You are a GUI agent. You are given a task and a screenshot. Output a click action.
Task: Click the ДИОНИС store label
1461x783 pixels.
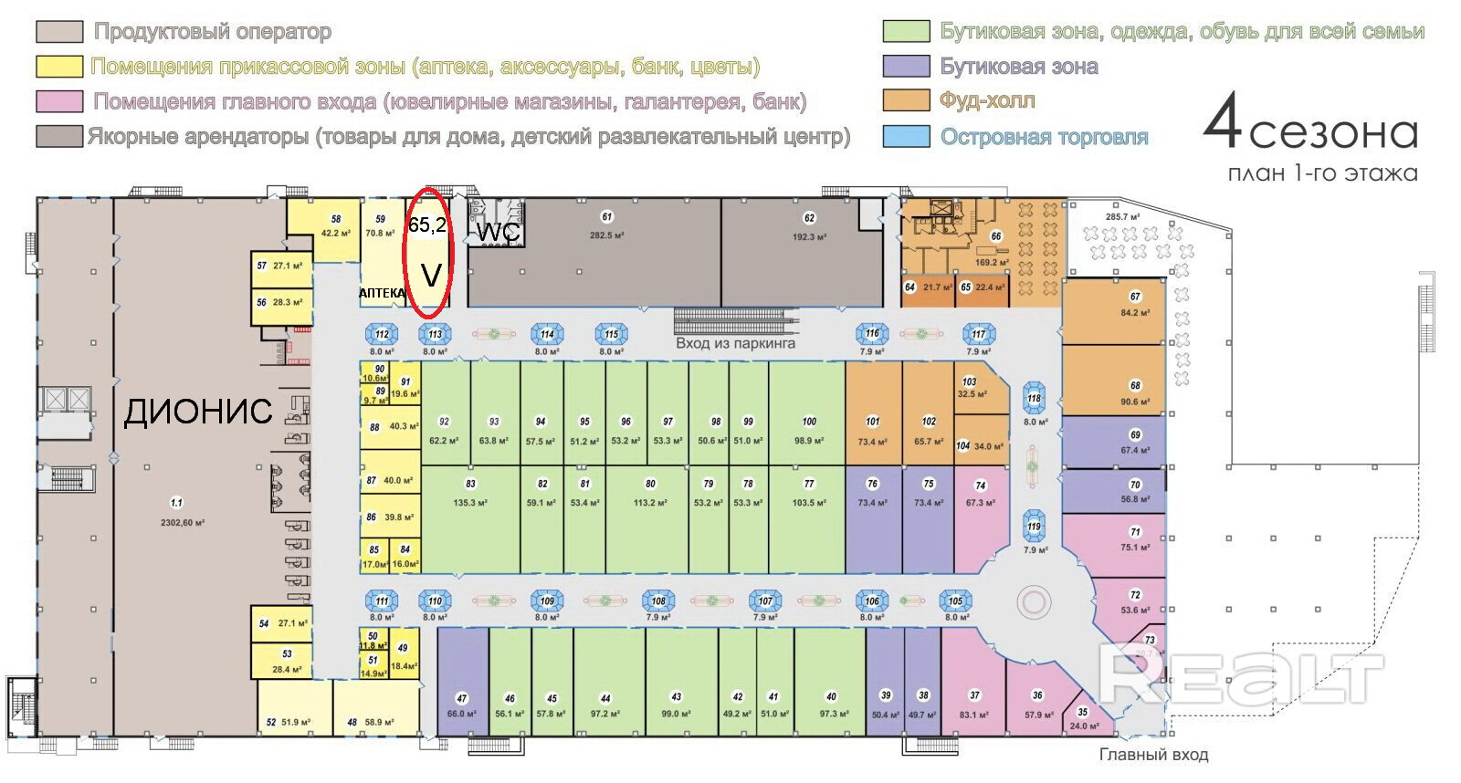198,411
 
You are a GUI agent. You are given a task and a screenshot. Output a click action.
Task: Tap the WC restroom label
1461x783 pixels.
499,233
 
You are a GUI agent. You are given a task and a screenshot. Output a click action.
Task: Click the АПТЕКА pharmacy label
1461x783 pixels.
382,293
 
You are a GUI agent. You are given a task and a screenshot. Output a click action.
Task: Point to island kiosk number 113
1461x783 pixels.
436,334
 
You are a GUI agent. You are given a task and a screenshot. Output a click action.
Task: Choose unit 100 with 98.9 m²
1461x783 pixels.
808,429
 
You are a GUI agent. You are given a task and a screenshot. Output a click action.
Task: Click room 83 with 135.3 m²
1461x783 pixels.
470,493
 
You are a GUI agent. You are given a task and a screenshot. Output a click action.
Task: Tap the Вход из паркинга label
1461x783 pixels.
735,343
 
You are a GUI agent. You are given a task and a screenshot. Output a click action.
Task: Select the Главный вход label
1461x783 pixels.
1153,755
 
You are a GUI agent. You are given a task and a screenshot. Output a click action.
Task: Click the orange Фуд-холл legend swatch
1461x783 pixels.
906,100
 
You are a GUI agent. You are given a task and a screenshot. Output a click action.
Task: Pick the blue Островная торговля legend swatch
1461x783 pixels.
906,137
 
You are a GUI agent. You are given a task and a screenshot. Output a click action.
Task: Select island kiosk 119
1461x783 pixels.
1034,527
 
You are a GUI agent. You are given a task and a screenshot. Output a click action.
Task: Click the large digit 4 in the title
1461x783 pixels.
1222,124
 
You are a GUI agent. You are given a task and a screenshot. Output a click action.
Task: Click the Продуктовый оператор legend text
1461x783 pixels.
213,32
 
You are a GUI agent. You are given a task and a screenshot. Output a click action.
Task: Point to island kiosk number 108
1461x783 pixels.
658,601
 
